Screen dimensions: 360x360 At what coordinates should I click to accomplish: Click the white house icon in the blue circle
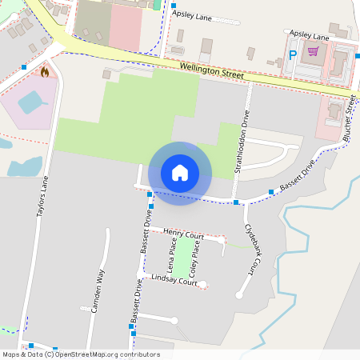[179, 172]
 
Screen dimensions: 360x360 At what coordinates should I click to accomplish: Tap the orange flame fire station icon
[45, 71]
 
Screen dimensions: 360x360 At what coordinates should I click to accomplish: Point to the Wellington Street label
[211, 71]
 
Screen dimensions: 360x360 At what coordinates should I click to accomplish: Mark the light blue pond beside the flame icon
[32, 102]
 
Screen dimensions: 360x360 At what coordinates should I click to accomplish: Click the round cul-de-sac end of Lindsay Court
[203, 284]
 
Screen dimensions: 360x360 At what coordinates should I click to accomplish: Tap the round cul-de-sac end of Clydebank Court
[238, 295]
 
